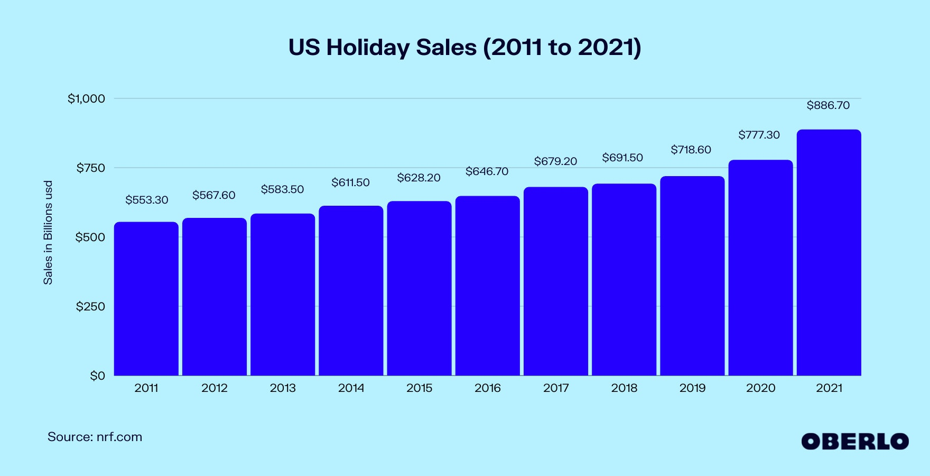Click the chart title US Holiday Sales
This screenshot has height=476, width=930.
click(464, 48)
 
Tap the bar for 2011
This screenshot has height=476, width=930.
click(146, 299)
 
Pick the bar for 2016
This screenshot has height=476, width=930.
click(487, 286)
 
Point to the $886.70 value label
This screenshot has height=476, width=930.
click(828, 106)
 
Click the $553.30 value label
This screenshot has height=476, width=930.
click(147, 200)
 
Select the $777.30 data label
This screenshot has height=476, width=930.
click(759, 135)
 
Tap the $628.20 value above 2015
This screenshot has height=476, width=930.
click(418, 178)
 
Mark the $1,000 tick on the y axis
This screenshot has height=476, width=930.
click(86, 99)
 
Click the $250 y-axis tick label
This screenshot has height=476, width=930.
click(90, 307)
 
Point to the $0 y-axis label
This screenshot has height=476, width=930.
click(97, 376)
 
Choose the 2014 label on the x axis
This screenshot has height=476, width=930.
click(351, 388)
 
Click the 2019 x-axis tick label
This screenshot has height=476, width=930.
click(692, 388)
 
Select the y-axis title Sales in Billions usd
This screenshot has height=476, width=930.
click(48, 233)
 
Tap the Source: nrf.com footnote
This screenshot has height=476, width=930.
click(95, 437)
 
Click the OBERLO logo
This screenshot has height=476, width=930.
click(854, 442)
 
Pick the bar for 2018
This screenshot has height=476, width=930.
click(624, 280)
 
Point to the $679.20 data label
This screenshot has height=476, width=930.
click(555, 161)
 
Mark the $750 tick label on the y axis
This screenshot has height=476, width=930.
click(90, 168)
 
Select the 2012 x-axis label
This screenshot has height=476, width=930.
click(215, 388)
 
